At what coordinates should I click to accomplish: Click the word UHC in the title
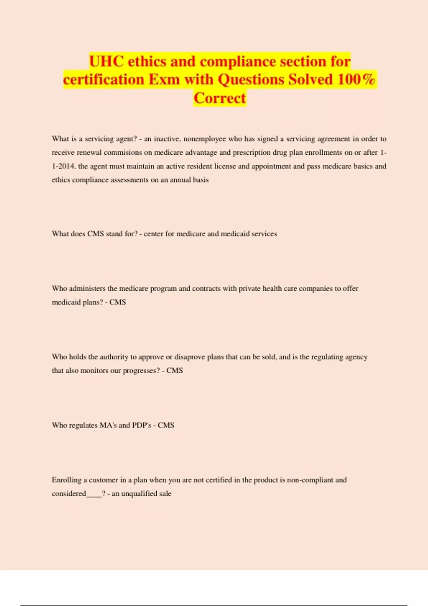[x=106, y=62]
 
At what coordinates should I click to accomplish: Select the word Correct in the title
[x=220, y=98]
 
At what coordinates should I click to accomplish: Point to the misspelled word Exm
[x=164, y=79]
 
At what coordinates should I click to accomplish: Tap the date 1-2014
[x=63, y=166]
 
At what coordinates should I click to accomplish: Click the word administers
[x=87, y=288]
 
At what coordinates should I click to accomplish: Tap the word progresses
[x=141, y=371]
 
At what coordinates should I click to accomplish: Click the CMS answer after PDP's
[x=166, y=425]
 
